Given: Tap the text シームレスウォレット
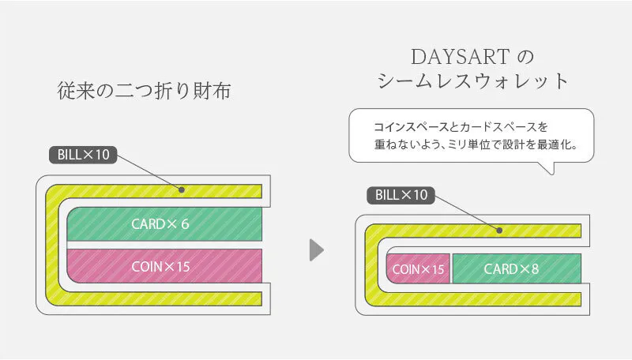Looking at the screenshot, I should (x=473, y=82).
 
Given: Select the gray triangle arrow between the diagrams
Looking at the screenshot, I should (x=316, y=250).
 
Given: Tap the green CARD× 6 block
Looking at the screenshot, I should (x=164, y=224).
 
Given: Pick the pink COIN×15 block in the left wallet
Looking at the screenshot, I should (x=164, y=266).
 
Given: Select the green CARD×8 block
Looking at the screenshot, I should (x=517, y=269).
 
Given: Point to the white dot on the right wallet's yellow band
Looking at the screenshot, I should (x=499, y=231).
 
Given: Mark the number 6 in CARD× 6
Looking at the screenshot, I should (x=185, y=224).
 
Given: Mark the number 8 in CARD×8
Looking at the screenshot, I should (x=535, y=269).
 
